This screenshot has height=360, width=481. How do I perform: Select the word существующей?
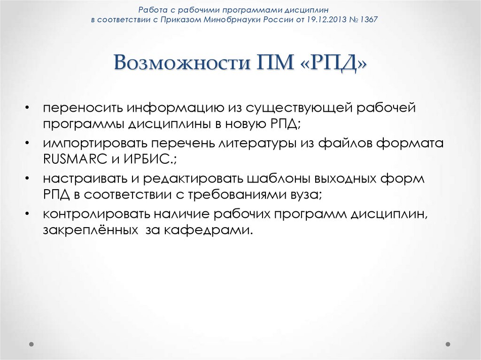click(300, 108)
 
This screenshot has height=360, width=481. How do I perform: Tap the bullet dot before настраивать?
click(29, 179)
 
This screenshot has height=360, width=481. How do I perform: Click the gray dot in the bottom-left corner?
click(31, 344)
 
